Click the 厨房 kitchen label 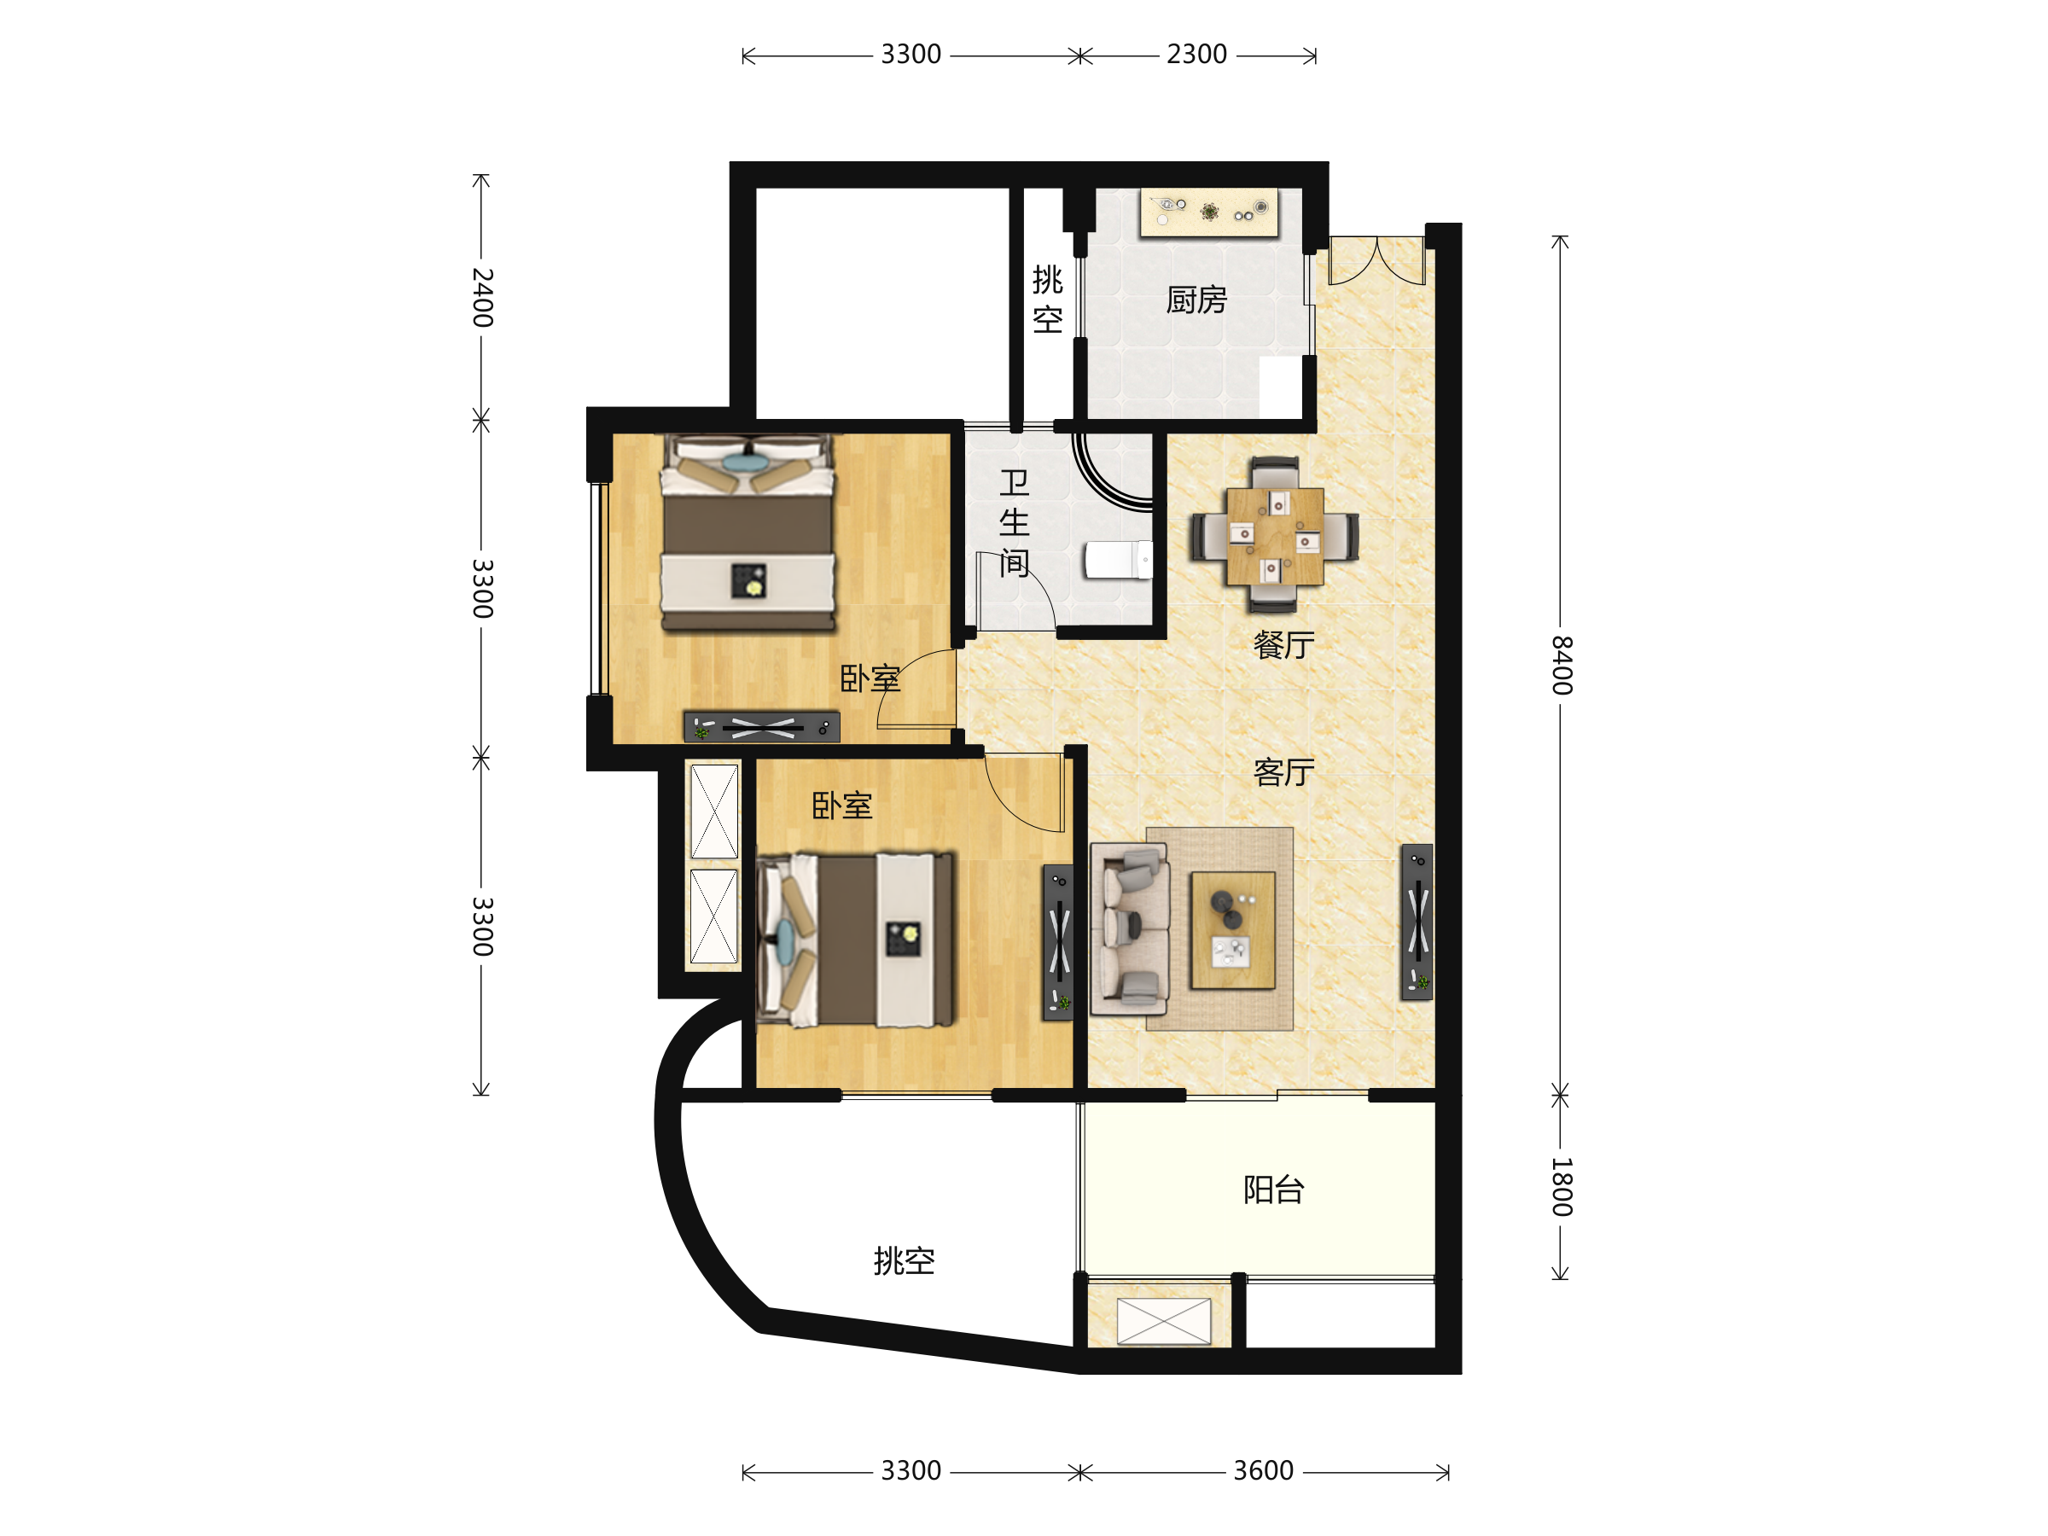[1196, 300]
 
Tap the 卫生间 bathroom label [1014, 523]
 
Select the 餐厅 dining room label [1283, 644]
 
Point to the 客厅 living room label [1283, 771]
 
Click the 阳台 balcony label [1274, 1190]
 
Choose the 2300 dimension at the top [1196, 55]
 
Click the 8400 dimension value [1562, 665]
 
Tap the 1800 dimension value [1562, 1186]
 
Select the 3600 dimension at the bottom [1263, 1471]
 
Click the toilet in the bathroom [1119, 560]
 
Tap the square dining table [1275, 536]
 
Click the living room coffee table [1232, 929]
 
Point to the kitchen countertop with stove [1209, 212]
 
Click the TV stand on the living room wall [1417, 922]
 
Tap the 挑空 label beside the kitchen [1047, 299]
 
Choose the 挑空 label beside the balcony [904, 1260]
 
